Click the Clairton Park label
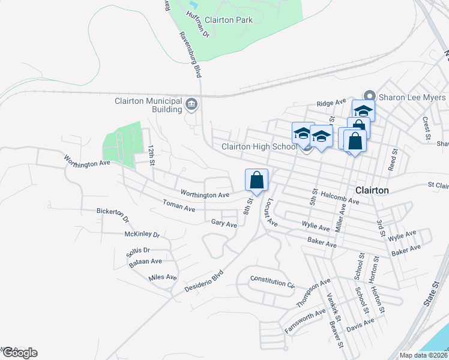point(229,20)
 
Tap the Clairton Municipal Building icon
point(191,105)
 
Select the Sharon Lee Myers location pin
point(370,97)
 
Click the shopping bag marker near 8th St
point(256,179)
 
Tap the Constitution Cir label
point(273,280)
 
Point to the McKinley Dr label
point(142,235)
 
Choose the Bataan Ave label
point(148,261)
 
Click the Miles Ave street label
point(163,277)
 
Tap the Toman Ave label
point(179,207)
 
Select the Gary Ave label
point(224,223)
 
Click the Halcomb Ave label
point(340,198)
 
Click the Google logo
point(19,353)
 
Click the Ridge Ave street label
point(332,103)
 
